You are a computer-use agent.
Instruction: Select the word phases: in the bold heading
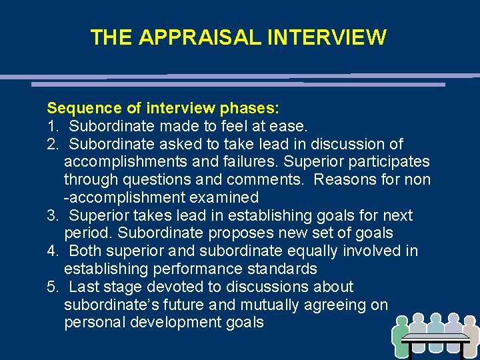tap(249, 108)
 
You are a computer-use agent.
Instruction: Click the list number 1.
tap(51, 126)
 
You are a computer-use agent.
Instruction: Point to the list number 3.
tap(51, 215)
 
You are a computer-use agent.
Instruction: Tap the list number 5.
tap(51, 287)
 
